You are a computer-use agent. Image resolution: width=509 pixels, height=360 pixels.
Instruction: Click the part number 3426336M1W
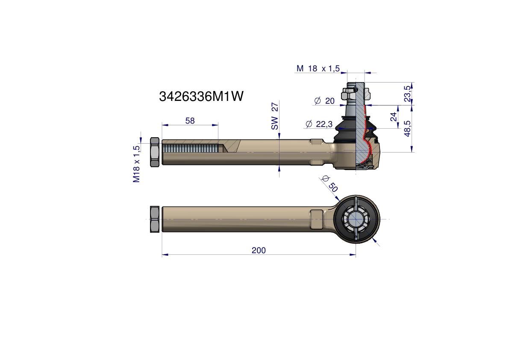[x=201, y=96]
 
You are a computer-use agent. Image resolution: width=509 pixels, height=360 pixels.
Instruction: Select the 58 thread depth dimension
[x=190, y=121]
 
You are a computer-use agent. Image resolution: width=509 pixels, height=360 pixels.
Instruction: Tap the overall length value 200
[x=259, y=250]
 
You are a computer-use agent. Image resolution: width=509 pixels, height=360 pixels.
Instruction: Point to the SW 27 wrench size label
[x=275, y=116]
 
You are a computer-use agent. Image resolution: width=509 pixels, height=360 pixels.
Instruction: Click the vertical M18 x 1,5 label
[x=136, y=164]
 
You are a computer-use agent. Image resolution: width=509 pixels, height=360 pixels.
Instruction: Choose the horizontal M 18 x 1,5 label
[x=318, y=68]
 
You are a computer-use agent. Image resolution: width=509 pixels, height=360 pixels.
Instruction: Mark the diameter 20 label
[x=325, y=101]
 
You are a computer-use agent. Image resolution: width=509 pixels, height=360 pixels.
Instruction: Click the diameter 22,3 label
[x=319, y=124]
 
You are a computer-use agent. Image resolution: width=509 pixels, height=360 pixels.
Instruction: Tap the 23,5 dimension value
[x=407, y=94]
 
